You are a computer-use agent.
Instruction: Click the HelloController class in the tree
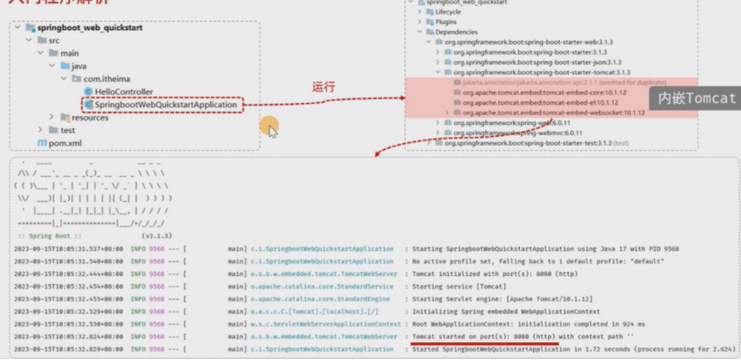tap(117, 92)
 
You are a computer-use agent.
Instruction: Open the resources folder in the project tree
tap(89, 117)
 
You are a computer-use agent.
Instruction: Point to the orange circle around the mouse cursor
tap(270, 128)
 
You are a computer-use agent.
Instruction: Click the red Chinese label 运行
tap(323, 87)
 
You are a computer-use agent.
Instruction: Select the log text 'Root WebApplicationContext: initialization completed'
tap(509, 323)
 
